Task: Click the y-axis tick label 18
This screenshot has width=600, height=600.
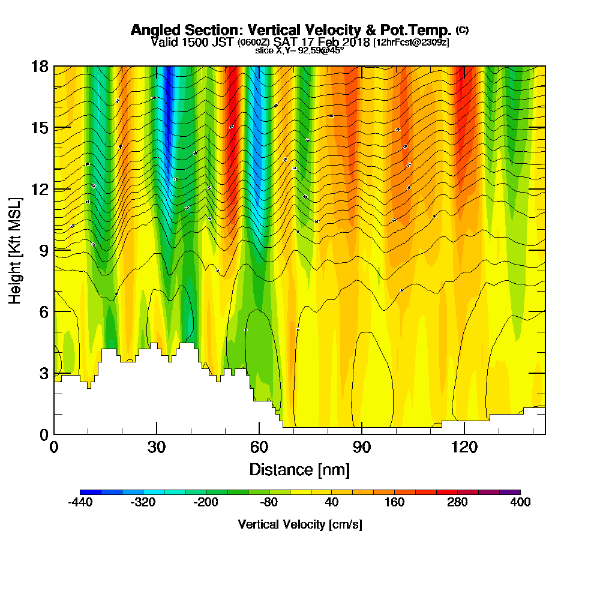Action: pos(40,66)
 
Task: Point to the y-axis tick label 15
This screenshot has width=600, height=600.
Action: pos(40,128)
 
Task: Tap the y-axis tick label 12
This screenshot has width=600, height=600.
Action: pos(40,189)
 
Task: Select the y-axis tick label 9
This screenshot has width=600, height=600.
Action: pos(43,250)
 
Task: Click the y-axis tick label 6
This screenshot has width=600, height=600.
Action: pos(43,311)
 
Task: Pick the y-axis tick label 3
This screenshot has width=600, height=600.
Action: pos(43,373)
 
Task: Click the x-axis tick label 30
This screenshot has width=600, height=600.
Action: pos(157,447)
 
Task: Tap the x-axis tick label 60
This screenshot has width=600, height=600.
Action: pos(259,447)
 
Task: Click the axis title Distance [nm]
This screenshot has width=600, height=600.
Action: pos(299,469)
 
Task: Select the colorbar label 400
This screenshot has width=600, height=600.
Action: pos(520,503)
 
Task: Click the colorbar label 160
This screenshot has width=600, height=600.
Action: pos(394,503)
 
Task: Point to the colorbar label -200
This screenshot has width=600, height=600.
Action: pos(206,503)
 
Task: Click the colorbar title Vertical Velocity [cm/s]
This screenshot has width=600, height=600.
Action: pos(299,524)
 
